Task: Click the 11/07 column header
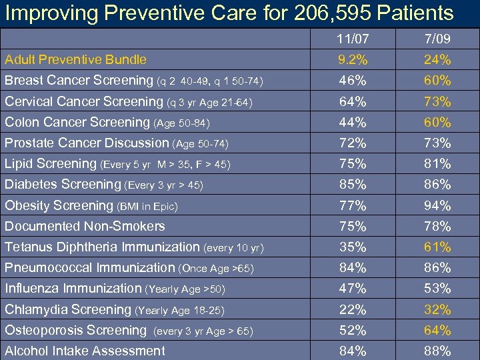pos(352,39)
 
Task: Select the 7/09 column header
pos(437,39)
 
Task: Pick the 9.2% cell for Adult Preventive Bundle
pos(352,60)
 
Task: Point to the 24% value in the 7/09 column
pos(437,60)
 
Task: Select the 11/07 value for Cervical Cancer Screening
pos(352,102)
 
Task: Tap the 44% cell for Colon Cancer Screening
pos(352,123)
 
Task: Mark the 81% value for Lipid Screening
pos(437,164)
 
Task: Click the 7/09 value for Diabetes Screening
pos(437,185)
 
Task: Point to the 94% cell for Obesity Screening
pos(437,206)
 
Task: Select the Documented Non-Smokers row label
pos(85,227)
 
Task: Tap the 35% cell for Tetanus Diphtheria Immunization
pos(352,247)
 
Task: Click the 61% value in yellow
pos(437,247)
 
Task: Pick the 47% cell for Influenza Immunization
pos(352,289)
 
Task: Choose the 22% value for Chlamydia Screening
pos(352,310)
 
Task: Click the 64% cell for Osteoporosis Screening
pos(437,331)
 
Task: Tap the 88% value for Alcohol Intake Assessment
pos(437,351)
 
